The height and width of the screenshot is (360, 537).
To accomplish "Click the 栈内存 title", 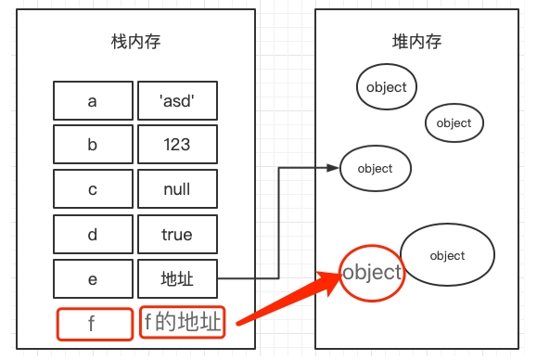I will [x=135, y=42].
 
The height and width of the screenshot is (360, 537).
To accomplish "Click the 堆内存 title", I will [x=416, y=42].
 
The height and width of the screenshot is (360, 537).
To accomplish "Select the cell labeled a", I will [x=92, y=101].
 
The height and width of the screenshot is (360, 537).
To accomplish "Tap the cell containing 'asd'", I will [x=177, y=101].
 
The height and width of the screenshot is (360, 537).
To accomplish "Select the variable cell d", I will [x=92, y=235].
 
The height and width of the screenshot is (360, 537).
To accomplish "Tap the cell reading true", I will [x=177, y=235].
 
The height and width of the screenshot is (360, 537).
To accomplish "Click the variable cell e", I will [x=92, y=279].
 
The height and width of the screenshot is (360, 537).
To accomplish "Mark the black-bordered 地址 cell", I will [x=177, y=279].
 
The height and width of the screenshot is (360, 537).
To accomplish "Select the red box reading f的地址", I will [x=182, y=323].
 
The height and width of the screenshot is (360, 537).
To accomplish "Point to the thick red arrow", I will [x=288, y=299].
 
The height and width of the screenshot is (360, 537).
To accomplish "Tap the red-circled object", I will [x=372, y=273].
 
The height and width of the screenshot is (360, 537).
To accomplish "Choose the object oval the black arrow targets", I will [x=376, y=169].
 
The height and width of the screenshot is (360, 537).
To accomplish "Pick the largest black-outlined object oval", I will [x=447, y=255].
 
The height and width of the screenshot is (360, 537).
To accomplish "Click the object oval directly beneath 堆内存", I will [x=387, y=87].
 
